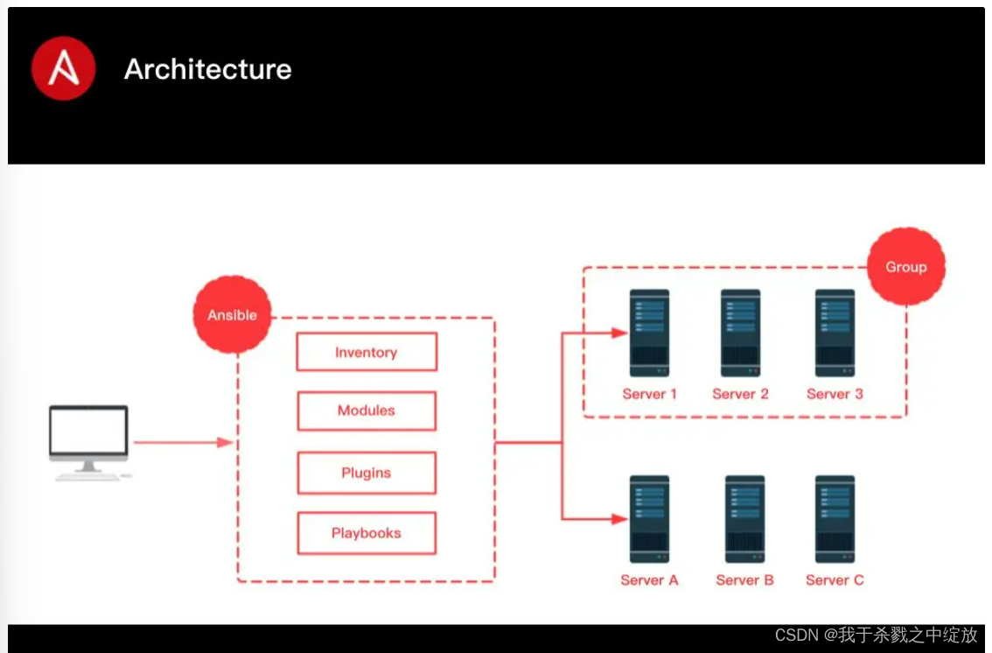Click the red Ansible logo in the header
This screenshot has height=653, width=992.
click(x=63, y=68)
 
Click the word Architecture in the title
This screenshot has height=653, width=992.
click(x=207, y=69)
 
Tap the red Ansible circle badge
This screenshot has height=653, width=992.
click(x=232, y=315)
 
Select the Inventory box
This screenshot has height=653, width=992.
click(x=367, y=352)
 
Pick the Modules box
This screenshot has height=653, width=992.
click(x=367, y=411)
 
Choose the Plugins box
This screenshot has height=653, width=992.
click(x=367, y=473)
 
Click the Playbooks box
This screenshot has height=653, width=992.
click(x=367, y=533)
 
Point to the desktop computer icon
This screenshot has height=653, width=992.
click(x=89, y=442)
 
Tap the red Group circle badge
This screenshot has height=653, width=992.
click(x=905, y=267)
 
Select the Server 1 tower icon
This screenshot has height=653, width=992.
click(x=649, y=333)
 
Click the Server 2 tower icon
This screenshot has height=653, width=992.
click(x=740, y=333)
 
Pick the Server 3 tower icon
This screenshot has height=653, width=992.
click(x=835, y=333)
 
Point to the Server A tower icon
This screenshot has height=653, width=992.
click(x=649, y=519)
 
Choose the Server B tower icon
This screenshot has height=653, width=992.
click(x=744, y=519)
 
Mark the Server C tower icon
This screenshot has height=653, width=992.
click(x=835, y=519)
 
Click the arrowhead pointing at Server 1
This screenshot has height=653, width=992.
click(x=619, y=333)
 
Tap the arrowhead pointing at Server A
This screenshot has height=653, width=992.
click(x=619, y=519)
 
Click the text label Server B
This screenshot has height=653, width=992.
click(x=744, y=579)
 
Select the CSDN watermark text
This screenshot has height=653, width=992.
click(x=876, y=635)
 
